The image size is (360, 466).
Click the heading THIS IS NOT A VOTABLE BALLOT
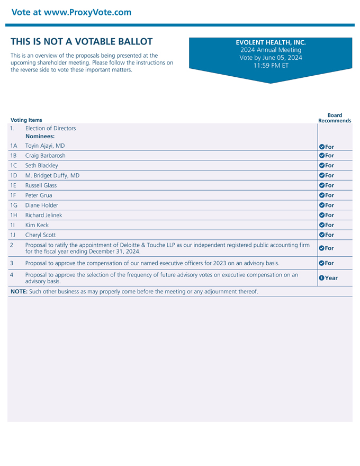pyautogui.click(x=82, y=41)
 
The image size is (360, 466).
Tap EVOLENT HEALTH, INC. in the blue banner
pyautogui.click(x=271, y=42)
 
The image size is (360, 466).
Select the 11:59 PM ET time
pyautogui.click(x=271, y=66)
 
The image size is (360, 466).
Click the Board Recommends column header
pyautogui.click(x=335, y=118)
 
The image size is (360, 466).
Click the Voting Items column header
pyautogui.click(x=26, y=120)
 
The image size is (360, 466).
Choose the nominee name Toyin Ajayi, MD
pyautogui.click(x=45, y=146)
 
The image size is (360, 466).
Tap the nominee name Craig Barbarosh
pyautogui.click(x=46, y=156)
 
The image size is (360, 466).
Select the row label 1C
pyautogui.click(x=14, y=166)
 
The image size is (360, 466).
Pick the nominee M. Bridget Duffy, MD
pyautogui.click(x=52, y=175)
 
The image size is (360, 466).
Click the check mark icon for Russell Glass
pyautogui.click(x=321, y=185)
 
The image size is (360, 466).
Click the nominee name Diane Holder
pyautogui.click(x=42, y=205)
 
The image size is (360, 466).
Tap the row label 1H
pyautogui.click(x=14, y=215)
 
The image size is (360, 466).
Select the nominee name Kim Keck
pyautogui.click(x=37, y=225)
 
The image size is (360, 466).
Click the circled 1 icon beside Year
pyautogui.click(x=321, y=278)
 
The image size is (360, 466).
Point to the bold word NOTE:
pyautogui.click(x=19, y=292)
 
